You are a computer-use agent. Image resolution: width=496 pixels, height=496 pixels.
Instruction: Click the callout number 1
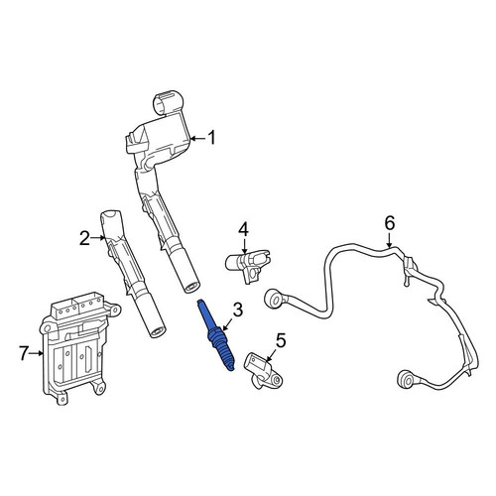tap(211, 138)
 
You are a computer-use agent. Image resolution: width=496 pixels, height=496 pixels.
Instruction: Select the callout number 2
tap(84, 238)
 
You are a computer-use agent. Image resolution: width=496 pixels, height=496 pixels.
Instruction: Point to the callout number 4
tap(243, 230)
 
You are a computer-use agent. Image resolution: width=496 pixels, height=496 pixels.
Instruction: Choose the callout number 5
tap(280, 341)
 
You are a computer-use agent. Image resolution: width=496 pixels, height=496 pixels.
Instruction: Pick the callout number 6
tap(390, 223)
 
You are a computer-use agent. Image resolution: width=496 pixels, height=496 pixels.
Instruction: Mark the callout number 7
tap(23, 353)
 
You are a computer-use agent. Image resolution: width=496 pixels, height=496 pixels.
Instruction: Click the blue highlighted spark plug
tap(215, 335)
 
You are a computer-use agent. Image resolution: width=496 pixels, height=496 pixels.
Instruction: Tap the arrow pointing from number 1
tap(198, 138)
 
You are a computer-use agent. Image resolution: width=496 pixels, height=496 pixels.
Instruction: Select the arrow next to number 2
tap(98, 238)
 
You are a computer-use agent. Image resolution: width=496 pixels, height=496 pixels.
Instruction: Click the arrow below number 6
tap(390, 239)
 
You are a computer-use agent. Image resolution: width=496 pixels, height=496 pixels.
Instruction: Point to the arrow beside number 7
tap(36, 353)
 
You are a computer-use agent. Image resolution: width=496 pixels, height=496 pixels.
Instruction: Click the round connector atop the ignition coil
tap(168, 102)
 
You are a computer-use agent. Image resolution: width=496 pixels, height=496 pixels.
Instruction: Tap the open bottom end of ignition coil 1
tap(191, 287)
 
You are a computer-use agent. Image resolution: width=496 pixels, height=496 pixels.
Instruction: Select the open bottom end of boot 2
tap(158, 332)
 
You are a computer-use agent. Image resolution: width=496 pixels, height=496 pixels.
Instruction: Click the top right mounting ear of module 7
tap(114, 310)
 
